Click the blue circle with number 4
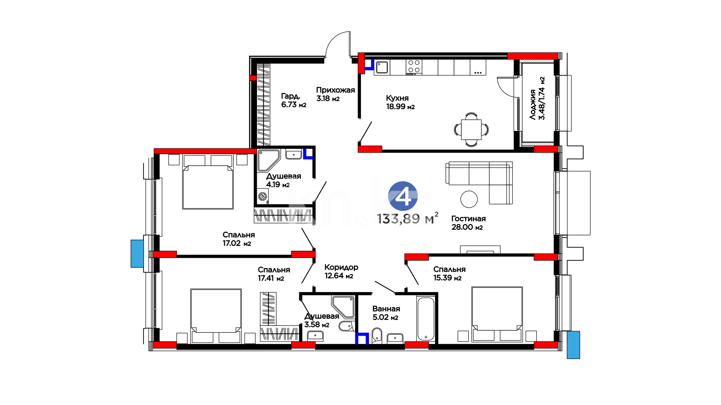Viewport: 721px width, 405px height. pyautogui.click(x=403, y=196)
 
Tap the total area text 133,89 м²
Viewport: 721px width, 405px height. pyautogui.click(x=407, y=218)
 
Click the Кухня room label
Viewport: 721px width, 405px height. pyautogui.click(x=397, y=98)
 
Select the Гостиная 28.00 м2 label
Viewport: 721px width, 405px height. pyautogui.click(x=468, y=223)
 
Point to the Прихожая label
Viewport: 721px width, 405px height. pyautogui.click(x=335, y=90)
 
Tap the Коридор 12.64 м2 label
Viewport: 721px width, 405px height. pyautogui.click(x=341, y=271)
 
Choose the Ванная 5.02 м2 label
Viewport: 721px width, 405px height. pyautogui.click(x=386, y=313)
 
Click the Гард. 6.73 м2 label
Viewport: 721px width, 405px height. pyautogui.click(x=294, y=100)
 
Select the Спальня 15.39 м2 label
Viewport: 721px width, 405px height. pyautogui.click(x=449, y=273)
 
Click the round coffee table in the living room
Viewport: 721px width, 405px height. pyautogui.click(x=469, y=199)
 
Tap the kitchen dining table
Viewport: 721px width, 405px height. pyautogui.click(x=471, y=129)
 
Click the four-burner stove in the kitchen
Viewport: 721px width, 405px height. pyautogui.click(x=414, y=67)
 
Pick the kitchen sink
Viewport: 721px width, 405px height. pyautogui.click(x=382, y=67)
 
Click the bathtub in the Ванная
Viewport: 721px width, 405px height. pyautogui.click(x=426, y=319)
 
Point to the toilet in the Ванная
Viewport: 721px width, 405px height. pyautogui.click(x=377, y=335)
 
